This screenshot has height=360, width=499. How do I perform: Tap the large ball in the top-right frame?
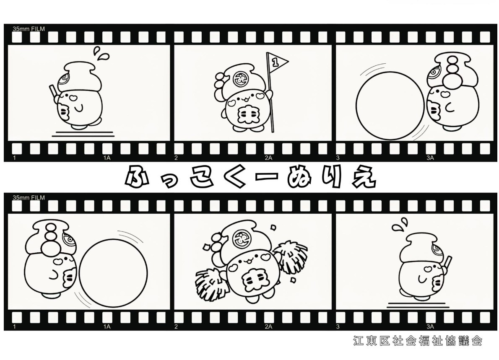pos(390,106)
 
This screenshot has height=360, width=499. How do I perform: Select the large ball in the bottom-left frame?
pos(113,272)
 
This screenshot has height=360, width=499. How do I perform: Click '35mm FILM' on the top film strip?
pos(29,28)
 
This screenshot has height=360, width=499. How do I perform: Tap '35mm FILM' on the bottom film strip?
pos(29,197)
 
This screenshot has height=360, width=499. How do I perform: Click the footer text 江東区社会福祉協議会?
pos(418,341)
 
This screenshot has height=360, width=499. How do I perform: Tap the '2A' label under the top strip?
pos(268,158)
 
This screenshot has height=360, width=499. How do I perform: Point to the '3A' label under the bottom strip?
pos(430,326)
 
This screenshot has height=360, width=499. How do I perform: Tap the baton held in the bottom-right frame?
pos(447,262)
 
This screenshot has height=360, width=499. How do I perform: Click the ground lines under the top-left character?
pos(83,134)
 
